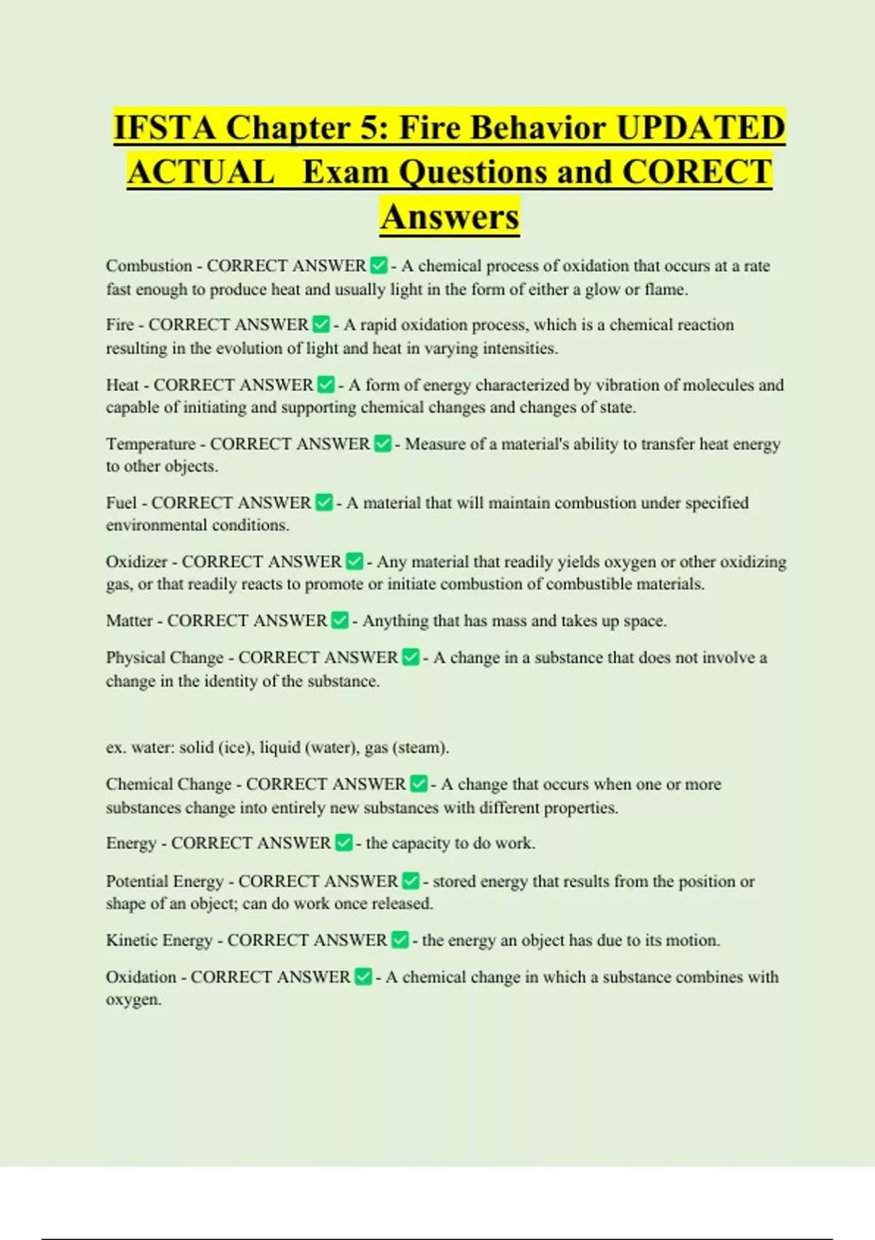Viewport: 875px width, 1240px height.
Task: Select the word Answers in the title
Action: coord(449,217)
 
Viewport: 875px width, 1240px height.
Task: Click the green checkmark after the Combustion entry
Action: coord(378,266)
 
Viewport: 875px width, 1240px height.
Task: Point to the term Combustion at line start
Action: coord(149,266)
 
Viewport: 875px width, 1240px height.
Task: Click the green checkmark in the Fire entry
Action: coord(321,325)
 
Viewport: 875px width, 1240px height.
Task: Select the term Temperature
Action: coord(151,443)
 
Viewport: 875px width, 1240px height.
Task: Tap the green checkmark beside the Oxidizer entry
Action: coord(354,562)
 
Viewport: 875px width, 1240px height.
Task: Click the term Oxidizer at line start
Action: coord(136,562)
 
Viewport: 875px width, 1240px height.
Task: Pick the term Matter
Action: coord(129,621)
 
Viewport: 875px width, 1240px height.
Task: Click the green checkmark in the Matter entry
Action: coord(340,621)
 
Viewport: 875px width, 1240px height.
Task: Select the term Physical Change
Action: coord(165,658)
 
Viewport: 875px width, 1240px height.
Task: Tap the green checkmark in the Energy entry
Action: coord(343,843)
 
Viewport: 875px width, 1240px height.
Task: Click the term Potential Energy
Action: coord(165,881)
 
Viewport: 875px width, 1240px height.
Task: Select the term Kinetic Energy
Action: coord(159,940)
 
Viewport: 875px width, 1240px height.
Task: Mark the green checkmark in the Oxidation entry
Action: coord(363,977)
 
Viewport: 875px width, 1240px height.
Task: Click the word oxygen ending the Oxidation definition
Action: coord(132,1000)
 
